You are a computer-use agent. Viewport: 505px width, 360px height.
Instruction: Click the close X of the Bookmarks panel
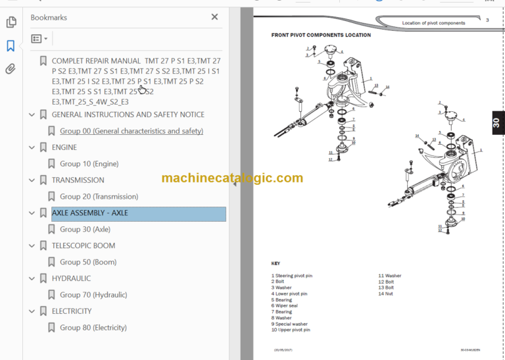tap(214, 17)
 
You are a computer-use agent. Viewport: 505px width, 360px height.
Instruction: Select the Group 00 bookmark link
tap(132, 131)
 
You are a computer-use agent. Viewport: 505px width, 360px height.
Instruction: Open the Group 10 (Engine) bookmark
tap(89, 164)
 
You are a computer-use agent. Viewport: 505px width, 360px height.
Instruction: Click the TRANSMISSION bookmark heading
tap(78, 180)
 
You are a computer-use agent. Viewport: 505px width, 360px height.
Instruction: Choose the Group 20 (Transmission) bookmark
tap(99, 197)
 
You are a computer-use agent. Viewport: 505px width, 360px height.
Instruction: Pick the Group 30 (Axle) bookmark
tap(85, 230)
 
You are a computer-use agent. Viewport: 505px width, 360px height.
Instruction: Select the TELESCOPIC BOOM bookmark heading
tap(83, 246)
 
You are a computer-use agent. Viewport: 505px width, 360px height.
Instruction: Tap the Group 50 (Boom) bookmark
tap(88, 262)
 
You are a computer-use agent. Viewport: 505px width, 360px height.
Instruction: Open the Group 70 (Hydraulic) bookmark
tap(93, 295)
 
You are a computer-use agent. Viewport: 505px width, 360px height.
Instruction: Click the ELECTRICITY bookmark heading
tap(72, 311)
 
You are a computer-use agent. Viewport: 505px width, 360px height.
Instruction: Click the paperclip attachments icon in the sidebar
tap(11, 68)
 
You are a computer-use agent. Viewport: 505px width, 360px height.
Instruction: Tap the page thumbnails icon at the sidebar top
tap(11, 22)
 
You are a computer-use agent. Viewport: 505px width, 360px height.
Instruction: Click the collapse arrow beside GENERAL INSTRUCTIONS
tap(32, 115)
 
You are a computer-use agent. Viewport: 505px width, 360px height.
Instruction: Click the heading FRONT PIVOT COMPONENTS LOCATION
tap(321, 35)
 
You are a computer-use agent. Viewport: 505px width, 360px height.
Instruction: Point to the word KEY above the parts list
tap(276, 263)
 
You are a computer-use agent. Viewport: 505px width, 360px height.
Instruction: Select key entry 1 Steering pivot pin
tap(293, 276)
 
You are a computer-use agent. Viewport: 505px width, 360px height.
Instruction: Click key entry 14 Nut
tap(385, 294)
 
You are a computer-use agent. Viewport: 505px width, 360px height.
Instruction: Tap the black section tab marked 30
tap(496, 122)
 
